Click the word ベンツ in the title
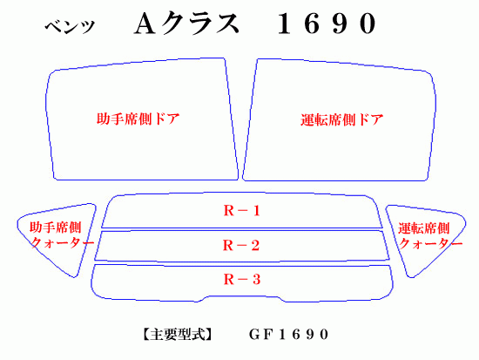(x=70, y=27)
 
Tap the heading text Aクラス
(x=186, y=23)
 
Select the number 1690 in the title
(x=327, y=24)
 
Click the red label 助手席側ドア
(x=138, y=119)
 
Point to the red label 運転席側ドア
(x=342, y=119)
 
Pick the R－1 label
(x=241, y=211)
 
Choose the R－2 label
(x=241, y=245)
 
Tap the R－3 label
(x=242, y=279)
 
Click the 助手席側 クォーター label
(x=62, y=234)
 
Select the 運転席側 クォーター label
(x=430, y=235)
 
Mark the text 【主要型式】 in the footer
(x=177, y=335)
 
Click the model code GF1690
(x=288, y=335)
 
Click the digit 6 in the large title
(x=312, y=24)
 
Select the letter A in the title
(x=145, y=24)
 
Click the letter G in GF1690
(x=254, y=335)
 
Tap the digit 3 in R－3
(x=256, y=279)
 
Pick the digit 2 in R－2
(x=255, y=245)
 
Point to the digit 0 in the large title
(x=368, y=24)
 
